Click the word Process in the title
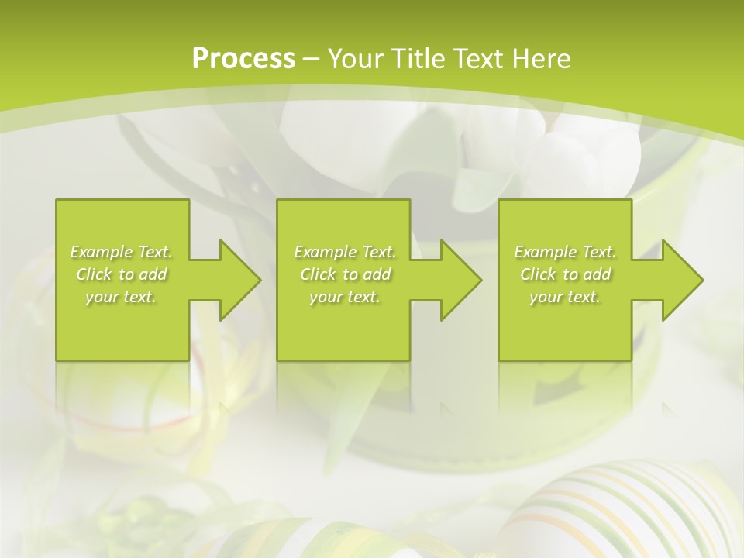(243, 58)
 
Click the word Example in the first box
(102, 252)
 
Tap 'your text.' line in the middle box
(344, 297)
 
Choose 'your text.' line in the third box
(564, 297)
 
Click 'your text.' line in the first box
(121, 297)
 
